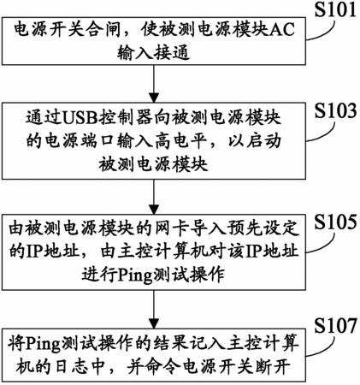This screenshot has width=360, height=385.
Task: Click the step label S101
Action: (335, 9)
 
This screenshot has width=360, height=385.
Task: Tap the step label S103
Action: (335, 110)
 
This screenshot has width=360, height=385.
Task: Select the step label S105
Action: (335, 222)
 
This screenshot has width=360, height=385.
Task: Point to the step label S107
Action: (335, 326)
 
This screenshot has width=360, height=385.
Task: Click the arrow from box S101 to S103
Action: (154, 84)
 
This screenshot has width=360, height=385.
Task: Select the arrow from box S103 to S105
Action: (154, 197)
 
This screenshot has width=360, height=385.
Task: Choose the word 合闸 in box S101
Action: (104, 30)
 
